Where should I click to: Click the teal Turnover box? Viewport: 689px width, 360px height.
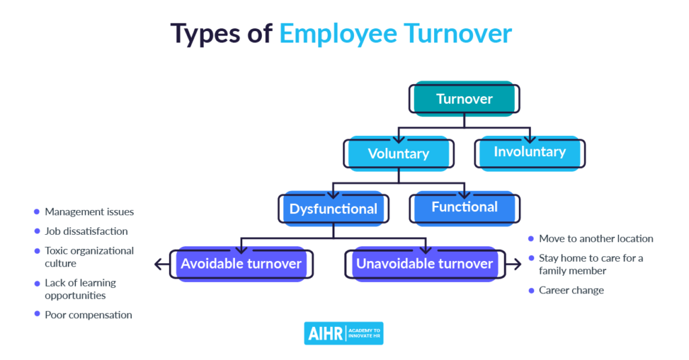[464, 98]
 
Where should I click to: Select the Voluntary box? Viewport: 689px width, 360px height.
[398, 153]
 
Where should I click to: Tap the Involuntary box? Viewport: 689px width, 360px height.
[530, 153]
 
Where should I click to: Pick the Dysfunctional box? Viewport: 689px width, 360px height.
[334, 209]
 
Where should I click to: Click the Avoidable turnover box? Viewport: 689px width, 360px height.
[242, 264]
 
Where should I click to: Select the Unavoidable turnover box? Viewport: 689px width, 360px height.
[425, 264]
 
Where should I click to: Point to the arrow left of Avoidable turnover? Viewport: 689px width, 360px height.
[162, 264]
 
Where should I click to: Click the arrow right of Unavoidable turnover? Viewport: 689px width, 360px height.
[513, 264]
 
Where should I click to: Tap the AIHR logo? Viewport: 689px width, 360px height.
[344, 333]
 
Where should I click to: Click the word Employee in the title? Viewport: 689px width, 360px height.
[338, 34]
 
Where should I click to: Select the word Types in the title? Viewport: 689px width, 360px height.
[205, 34]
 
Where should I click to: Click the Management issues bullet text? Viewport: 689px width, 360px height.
[89, 212]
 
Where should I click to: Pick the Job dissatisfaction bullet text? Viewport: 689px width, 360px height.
[86, 231]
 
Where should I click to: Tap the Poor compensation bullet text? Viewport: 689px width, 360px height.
[88, 315]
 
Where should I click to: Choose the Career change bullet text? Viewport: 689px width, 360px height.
[571, 290]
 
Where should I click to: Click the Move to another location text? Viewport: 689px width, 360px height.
[596, 239]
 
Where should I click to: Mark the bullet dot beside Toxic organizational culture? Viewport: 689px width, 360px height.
[37, 251]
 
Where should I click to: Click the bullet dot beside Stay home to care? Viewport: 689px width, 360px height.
[532, 258]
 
